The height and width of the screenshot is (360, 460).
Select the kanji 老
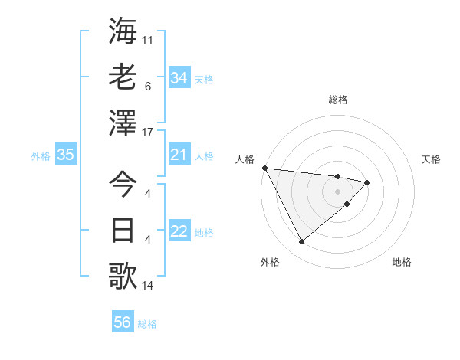[123, 78]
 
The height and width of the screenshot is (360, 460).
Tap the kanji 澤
[123, 123]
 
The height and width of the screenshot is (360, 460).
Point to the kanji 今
[123, 185]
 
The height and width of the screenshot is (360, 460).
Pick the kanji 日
[123, 230]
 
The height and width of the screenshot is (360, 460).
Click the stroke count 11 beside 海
[148, 38]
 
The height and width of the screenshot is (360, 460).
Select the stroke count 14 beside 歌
[148, 286]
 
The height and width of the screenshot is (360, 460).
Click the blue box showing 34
[179, 78]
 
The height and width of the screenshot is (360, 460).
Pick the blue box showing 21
[179, 155]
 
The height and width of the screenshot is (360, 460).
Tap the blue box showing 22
[179, 232]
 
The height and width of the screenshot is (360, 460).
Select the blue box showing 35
[65, 155]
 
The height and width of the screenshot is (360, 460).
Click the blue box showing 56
[123, 323]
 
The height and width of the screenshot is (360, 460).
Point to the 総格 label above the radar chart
[338, 100]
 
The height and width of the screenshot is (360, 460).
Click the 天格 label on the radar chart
[431, 159]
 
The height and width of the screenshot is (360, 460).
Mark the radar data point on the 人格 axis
[264, 168]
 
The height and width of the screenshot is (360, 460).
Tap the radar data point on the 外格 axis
[301, 242]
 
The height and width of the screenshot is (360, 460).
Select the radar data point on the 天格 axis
[367, 182]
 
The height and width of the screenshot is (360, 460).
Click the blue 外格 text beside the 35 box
[41, 156]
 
